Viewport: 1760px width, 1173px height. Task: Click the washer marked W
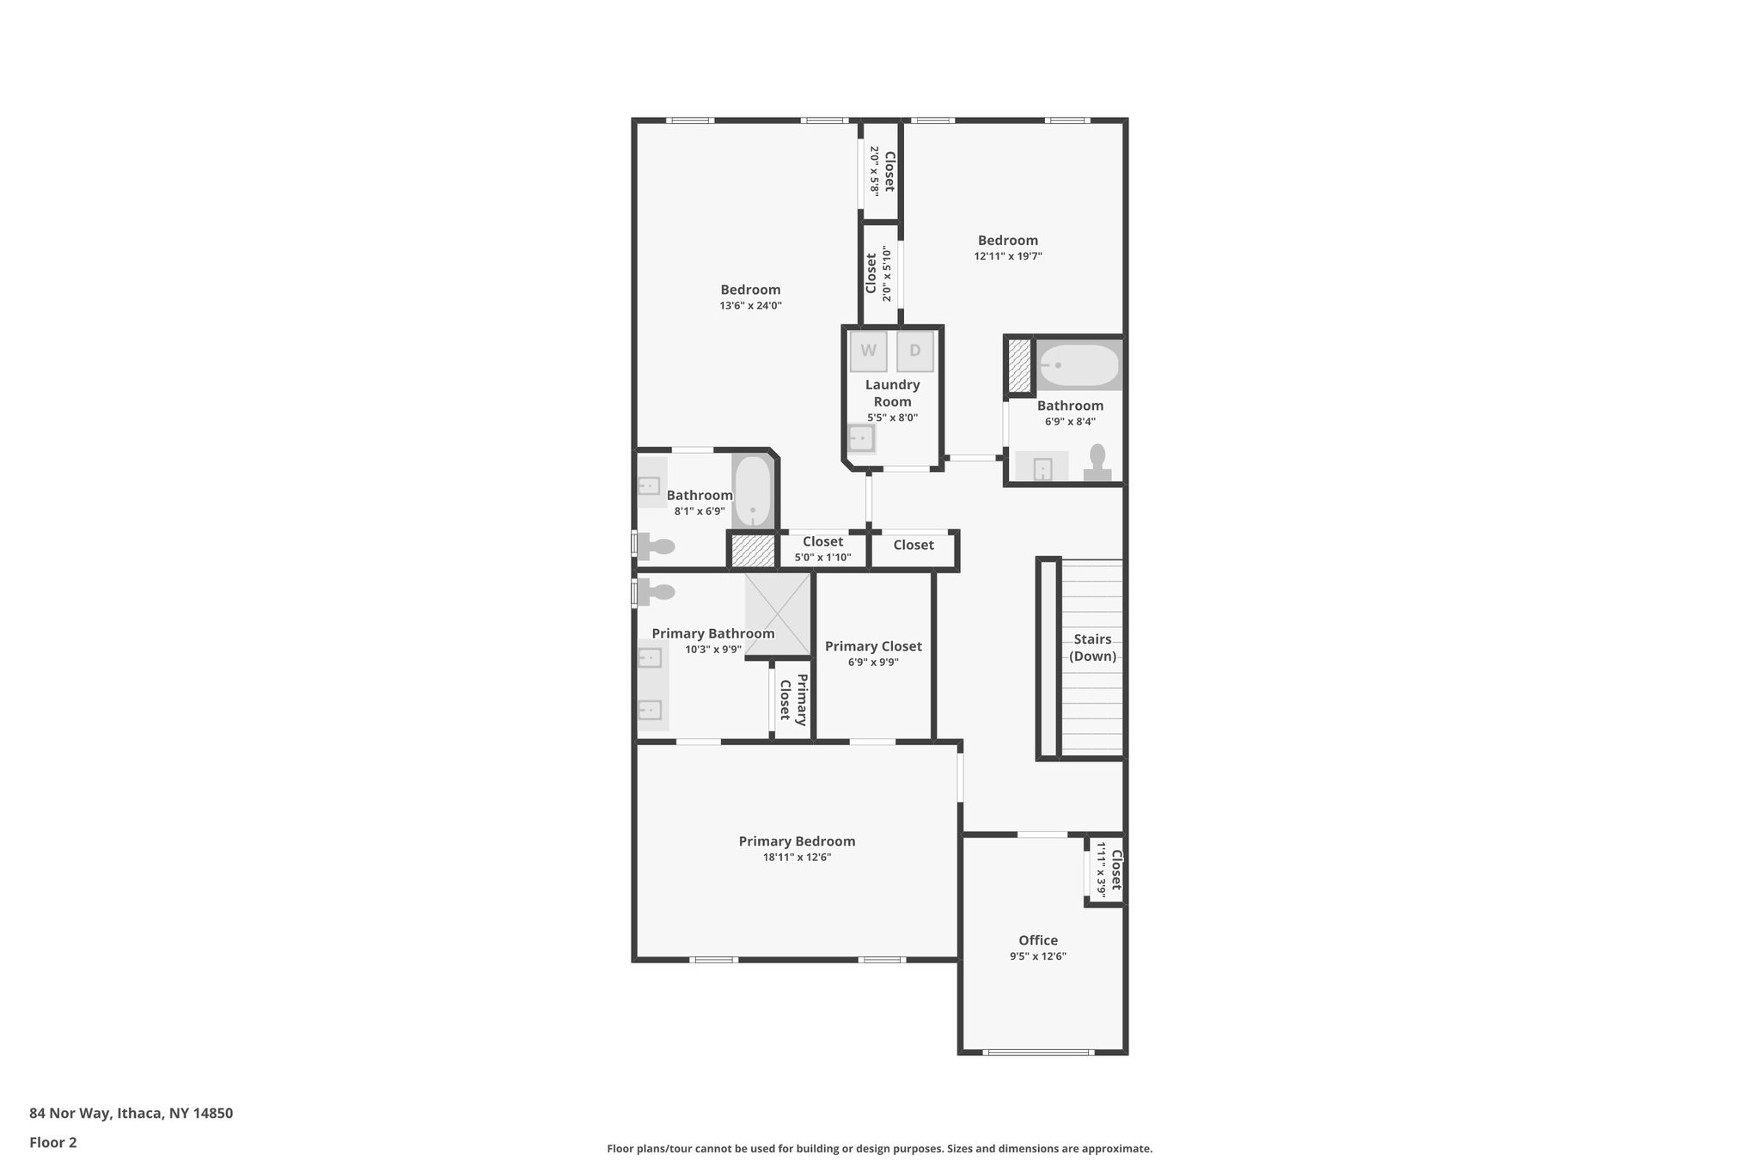click(x=868, y=351)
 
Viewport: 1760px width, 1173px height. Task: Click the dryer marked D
click(x=914, y=351)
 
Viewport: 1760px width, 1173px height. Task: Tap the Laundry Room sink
click(x=860, y=439)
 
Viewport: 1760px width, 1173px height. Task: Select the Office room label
click(x=1038, y=940)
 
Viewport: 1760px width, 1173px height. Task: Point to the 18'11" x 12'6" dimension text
click(x=797, y=858)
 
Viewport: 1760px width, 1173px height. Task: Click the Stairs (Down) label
click(x=1092, y=648)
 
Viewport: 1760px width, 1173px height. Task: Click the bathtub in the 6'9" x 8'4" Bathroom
click(x=1079, y=365)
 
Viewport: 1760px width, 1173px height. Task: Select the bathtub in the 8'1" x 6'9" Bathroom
click(x=754, y=491)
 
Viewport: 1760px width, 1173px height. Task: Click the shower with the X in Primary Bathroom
click(x=778, y=614)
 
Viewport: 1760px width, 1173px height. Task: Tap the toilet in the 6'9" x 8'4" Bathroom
click(x=1097, y=462)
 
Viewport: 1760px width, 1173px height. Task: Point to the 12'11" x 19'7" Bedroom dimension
click(x=1008, y=256)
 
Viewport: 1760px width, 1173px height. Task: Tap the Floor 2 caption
click(x=53, y=1142)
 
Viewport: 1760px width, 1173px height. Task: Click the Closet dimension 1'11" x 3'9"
click(x=1101, y=870)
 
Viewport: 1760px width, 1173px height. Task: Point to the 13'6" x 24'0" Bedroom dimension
click(x=750, y=306)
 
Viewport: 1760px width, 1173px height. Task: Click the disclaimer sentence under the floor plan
click(x=879, y=1148)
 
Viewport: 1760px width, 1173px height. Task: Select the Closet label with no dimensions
click(x=913, y=545)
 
